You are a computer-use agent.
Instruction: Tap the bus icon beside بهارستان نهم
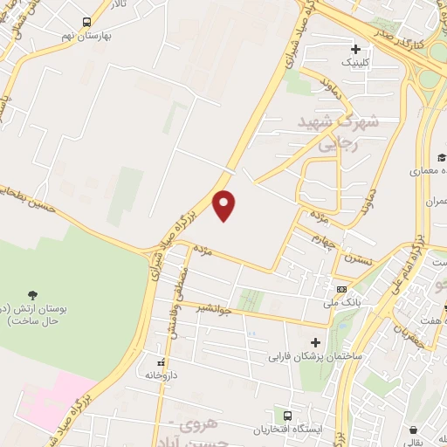coord(85,22)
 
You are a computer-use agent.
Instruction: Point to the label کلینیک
coord(354,63)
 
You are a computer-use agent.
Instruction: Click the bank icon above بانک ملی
coord(341,290)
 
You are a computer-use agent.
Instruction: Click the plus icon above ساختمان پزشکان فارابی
coord(315,342)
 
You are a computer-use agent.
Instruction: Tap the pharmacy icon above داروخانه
coord(160,361)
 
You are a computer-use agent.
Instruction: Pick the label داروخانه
coord(160,375)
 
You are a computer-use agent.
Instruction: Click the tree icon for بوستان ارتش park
coord(33,294)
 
